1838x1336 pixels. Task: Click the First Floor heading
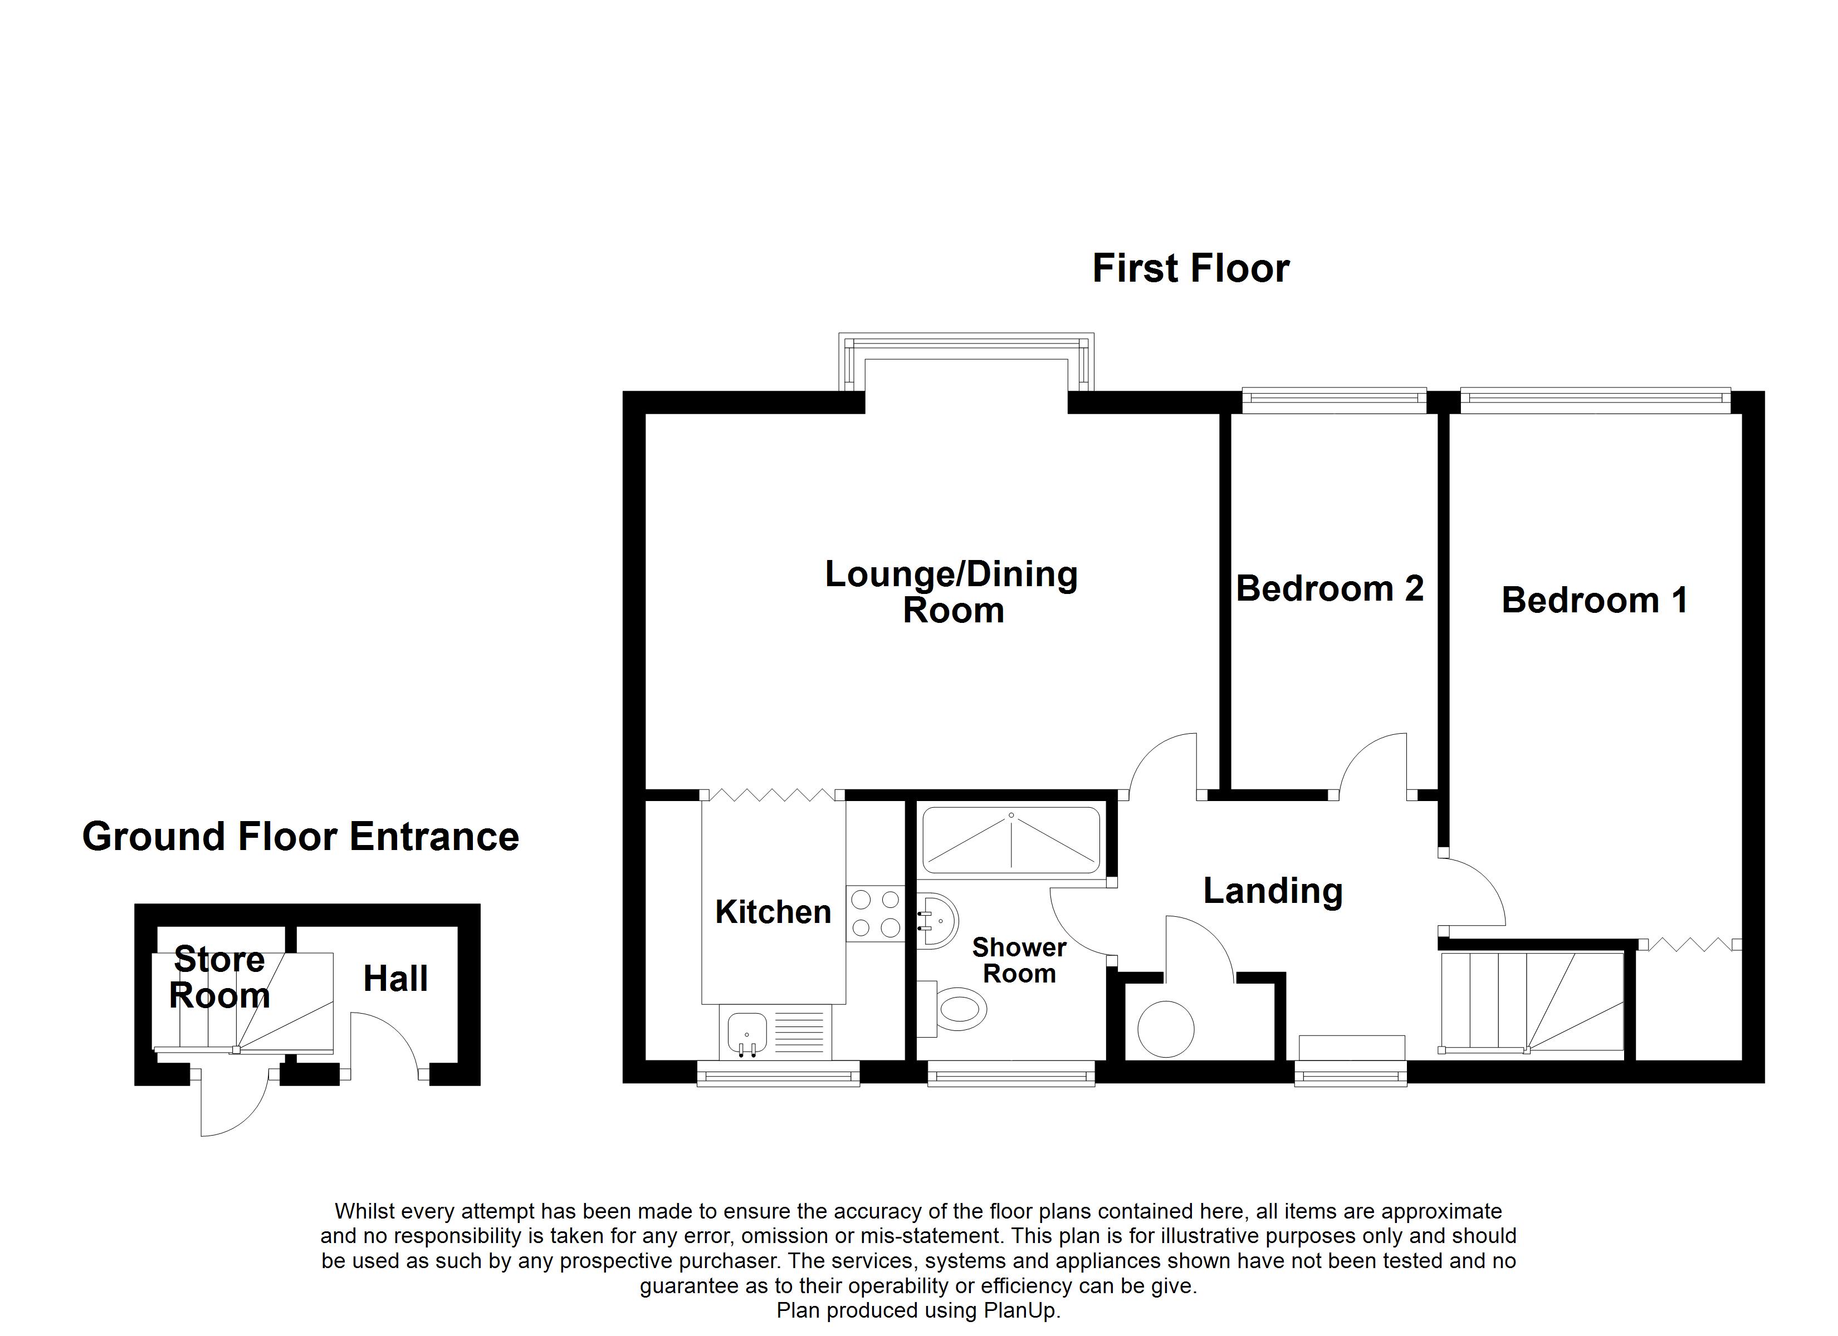coord(1190,269)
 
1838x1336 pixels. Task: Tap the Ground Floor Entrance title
coord(301,837)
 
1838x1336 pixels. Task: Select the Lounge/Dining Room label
coord(951,592)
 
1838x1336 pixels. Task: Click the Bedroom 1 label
coord(1594,600)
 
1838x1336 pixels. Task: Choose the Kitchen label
coord(773,912)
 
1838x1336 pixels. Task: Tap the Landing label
coord(1272,891)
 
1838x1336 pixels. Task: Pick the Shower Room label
coord(1019,960)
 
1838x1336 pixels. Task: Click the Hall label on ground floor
coord(395,979)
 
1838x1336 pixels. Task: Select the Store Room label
coord(219,977)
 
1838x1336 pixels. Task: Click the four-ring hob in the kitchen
coord(875,913)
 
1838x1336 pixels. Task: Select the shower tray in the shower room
coord(1011,841)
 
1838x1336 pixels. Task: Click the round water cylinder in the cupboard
coord(1165,1029)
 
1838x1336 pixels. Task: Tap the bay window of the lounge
coord(966,361)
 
